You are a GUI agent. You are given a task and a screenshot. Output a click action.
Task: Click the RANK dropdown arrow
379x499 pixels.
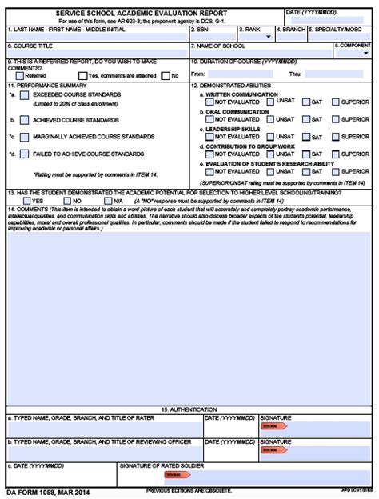click(268, 37)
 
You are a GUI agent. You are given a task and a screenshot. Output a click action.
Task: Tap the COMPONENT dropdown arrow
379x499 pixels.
click(366, 54)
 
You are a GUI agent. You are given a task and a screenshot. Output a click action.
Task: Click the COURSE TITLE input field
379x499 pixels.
click(96, 54)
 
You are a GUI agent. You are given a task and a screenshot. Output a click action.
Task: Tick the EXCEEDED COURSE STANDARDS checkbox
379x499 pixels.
click(25, 95)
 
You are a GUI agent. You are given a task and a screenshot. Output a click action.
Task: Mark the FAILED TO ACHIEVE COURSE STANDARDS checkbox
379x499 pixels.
click(25, 153)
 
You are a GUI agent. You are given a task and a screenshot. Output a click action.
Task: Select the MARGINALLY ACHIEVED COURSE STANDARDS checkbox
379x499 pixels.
click(25, 136)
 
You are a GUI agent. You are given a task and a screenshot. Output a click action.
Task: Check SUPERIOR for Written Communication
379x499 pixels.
click(335, 102)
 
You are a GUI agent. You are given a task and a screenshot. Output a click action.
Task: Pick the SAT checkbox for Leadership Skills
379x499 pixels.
click(305, 137)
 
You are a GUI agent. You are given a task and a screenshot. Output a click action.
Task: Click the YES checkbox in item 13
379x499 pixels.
click(28, 200)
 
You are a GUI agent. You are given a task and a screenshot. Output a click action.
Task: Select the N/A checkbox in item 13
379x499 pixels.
click(107, 200)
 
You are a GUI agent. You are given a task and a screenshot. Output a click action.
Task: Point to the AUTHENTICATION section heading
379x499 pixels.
click(189, 409)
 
